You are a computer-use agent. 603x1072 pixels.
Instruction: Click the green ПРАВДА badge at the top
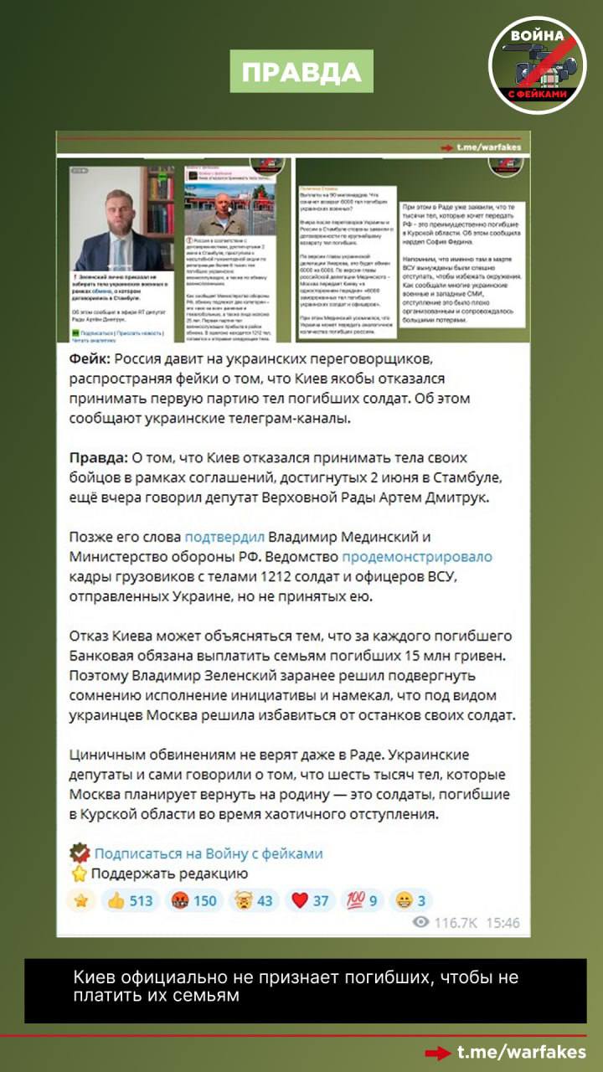pos(301,73)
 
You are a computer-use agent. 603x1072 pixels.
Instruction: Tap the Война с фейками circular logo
pos(537,65)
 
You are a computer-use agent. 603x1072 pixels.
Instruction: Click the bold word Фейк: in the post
pos(89,361)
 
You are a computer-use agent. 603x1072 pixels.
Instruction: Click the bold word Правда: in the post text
pos(97,458)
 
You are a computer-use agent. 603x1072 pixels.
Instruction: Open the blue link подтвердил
pos(224,536)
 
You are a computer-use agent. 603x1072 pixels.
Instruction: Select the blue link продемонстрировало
pos(416,556)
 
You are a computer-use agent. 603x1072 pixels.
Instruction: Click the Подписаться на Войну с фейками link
pos(208,853)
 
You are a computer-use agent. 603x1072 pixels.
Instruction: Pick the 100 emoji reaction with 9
pos(361,900)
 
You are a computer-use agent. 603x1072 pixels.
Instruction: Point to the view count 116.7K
pos(456,923)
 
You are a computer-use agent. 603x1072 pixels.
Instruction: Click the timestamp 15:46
pos(502,923)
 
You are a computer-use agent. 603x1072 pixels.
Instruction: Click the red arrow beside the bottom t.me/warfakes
pos(436,1053)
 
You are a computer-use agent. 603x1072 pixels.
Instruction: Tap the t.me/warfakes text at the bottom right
pos(521,1052)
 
